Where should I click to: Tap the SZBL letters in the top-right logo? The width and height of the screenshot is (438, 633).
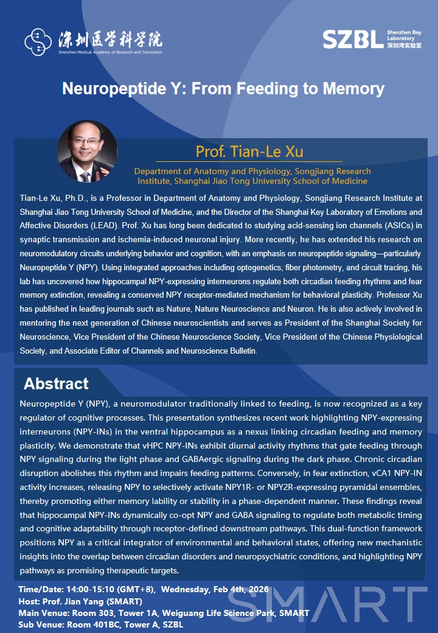(x=353, y=39)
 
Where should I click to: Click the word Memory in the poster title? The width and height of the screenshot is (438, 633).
(x=353, y=89)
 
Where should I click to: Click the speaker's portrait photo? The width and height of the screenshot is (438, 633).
(x=87, y=151)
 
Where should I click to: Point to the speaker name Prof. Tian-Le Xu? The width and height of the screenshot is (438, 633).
(x=249, y=151)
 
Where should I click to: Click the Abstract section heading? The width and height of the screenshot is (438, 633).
(x=56, y=383)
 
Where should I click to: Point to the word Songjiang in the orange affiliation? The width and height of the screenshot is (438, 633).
(x=301, y=171)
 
